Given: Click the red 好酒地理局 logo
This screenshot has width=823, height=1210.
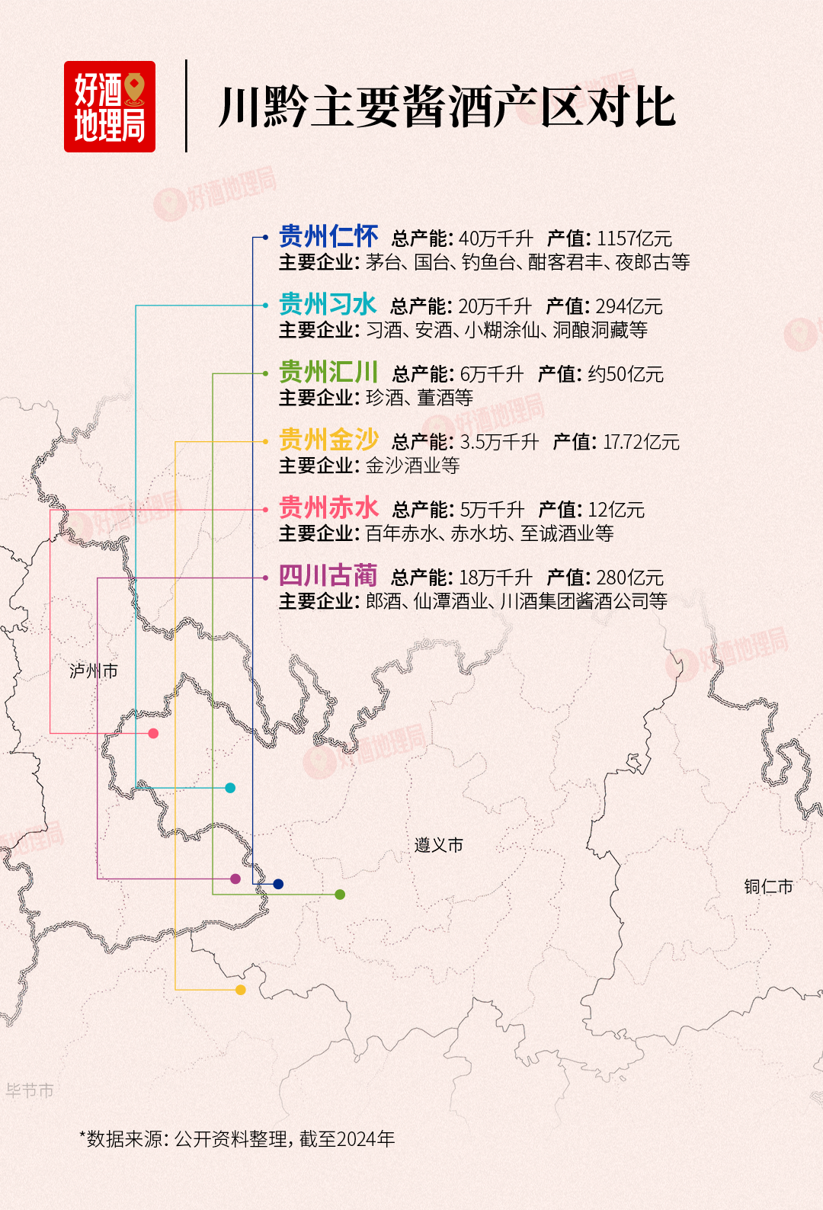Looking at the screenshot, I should coord(110,107).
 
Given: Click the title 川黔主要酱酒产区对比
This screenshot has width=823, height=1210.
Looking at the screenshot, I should coord(447,107).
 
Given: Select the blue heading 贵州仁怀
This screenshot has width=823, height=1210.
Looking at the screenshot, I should coord(328,237).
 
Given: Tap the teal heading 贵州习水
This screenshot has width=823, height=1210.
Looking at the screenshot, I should coord(328,305).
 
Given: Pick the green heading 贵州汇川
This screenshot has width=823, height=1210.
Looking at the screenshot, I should coord(328,373).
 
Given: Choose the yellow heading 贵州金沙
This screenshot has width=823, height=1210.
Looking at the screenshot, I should coord(328,440).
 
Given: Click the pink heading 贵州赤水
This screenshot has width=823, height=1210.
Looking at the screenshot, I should coord(328,508).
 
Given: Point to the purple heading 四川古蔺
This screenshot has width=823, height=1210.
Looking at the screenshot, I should coord(328,576).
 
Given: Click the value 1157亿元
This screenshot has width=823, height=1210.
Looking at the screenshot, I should coord(634,238).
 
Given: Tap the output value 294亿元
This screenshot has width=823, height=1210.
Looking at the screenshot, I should coord(629,306).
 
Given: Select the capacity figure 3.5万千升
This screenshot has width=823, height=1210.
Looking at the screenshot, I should coord(499,442).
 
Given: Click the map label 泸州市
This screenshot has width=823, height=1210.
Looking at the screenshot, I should coord(94,671).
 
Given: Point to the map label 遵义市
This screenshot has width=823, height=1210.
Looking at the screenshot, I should coord(439,845).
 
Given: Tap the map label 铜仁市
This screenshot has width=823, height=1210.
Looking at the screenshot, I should coord(768,886).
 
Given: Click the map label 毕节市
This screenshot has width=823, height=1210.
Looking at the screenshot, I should coord(30,1090).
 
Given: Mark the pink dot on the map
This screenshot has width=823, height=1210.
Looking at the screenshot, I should coord(153,733).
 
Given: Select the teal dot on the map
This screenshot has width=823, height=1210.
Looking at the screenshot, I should coord(230,788).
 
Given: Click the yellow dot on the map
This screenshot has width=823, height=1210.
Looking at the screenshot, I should coord(241,990).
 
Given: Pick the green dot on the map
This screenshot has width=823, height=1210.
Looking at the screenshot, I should coord(340,895).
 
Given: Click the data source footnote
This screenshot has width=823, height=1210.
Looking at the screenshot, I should coord(237,1139).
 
